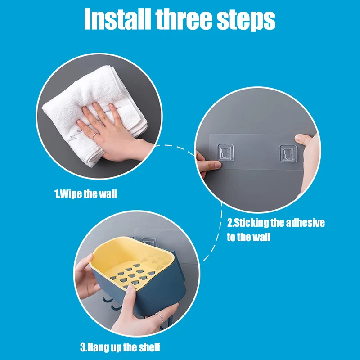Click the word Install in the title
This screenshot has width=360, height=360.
pos(117,19)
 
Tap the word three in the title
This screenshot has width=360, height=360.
pos(184,19)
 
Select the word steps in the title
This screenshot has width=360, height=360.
pos(246,20)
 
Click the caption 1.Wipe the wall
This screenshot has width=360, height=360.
pos(85,194)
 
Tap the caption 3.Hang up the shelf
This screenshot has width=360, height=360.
pos(120,347)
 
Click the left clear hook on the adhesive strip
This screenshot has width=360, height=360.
pos(226,152)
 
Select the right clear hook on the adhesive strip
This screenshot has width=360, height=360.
pos(288,153)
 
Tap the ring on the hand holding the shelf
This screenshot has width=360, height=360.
pos(160,318)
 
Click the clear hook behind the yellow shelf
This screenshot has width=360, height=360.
pos(149,242)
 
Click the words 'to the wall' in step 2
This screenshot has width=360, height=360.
pos(249,237)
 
